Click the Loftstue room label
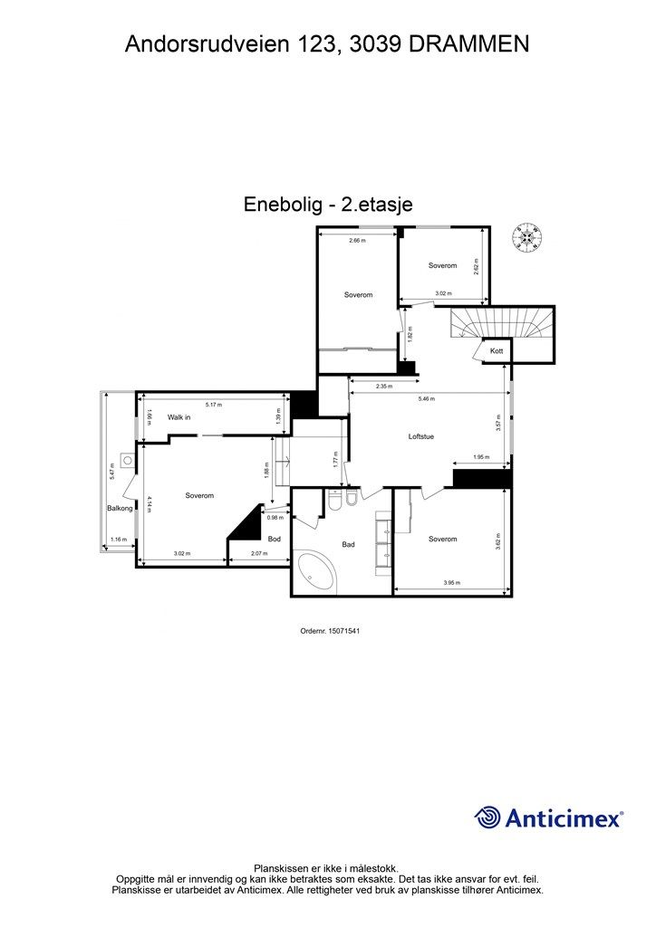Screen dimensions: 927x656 point(421,436)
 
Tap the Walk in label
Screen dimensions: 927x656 point(178,417)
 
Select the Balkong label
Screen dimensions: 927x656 point(120,509)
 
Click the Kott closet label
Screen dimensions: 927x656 point(497,350)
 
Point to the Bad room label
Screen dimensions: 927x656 point(348,545)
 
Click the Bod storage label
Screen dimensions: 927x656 point(274,540)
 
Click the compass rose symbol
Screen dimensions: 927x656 point(526,236)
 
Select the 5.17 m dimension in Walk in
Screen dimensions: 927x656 point(213,405)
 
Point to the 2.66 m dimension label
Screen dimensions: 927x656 point(357,241)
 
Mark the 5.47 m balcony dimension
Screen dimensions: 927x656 point(111,472)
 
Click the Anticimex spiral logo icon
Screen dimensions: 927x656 point(488,817)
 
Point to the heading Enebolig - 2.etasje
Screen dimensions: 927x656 point(328,205)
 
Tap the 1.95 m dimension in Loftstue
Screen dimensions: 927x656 point(480,457)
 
